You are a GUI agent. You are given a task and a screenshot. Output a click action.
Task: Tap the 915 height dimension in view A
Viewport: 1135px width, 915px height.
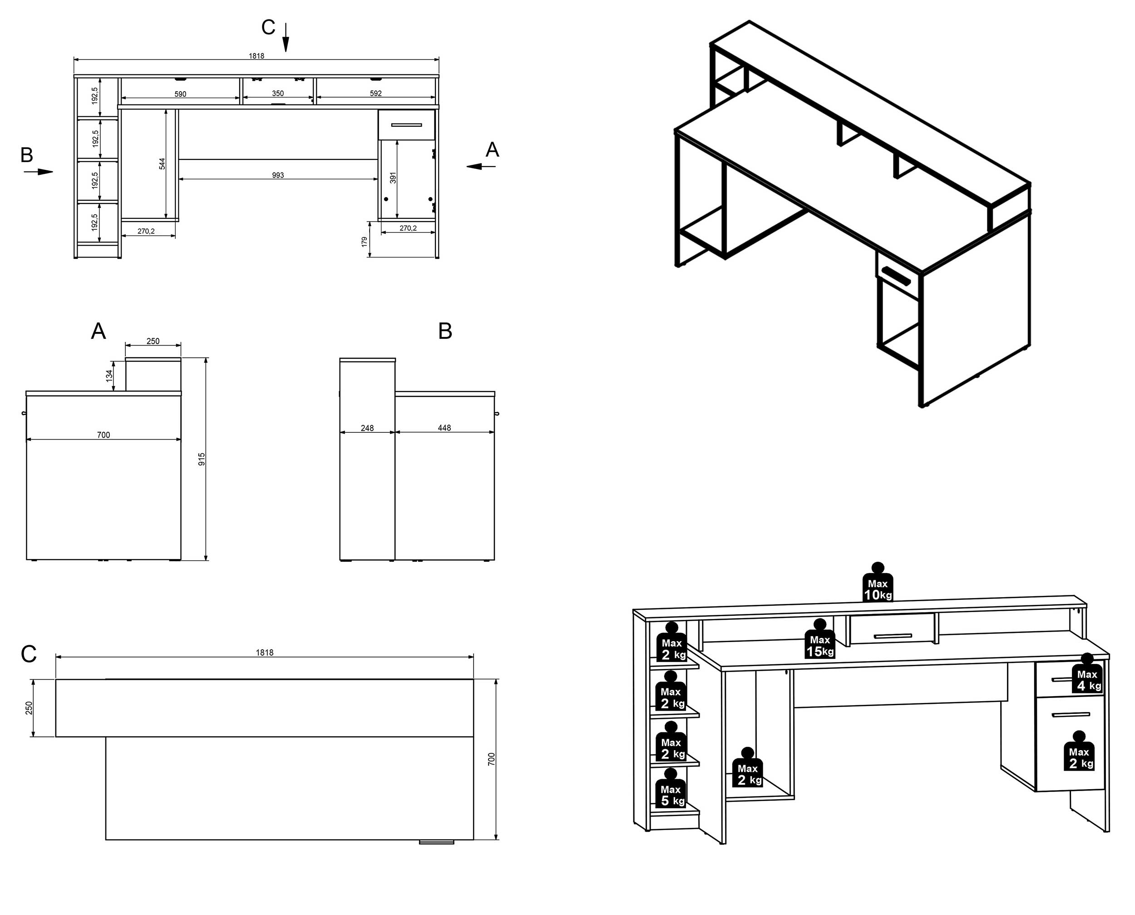201,459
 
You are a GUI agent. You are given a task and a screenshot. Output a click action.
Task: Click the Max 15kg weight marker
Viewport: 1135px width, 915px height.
819,640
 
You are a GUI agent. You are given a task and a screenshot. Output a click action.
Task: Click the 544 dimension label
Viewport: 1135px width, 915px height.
162,164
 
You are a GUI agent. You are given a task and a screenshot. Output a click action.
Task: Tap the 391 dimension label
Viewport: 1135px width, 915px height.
393,178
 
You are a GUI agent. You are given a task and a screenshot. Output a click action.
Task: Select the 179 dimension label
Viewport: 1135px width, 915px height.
364,242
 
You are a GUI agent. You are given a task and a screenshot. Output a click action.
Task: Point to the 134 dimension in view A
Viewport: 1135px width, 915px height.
109,375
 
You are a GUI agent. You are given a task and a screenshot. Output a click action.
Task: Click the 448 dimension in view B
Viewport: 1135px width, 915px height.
444,428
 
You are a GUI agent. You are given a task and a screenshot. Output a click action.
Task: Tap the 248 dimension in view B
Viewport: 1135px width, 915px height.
367,428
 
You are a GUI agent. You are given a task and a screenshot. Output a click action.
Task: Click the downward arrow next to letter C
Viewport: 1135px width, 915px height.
286,38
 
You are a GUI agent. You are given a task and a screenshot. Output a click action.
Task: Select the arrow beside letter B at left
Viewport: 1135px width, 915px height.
39,172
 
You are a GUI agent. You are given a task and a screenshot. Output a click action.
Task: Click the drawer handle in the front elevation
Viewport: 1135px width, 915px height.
406,125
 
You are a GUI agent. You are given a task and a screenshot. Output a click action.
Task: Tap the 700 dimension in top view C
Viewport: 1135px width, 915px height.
492,759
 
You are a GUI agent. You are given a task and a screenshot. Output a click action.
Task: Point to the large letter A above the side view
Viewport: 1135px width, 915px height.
99,331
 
